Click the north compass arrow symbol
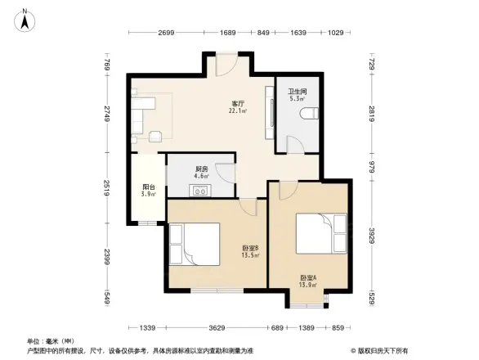tap(26, 19)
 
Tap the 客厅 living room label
tap(238, 104)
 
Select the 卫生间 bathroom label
tap(297, 92)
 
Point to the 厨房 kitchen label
tap(200, 169)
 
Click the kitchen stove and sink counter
tap(199, 191)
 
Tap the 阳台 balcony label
tap(148, 187)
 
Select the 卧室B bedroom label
tap(250, 248)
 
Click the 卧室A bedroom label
tap(308, 277)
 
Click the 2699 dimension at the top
tap(165, 33)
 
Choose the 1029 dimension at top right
tap(336, 33)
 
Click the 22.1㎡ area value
tap(238, 111)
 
